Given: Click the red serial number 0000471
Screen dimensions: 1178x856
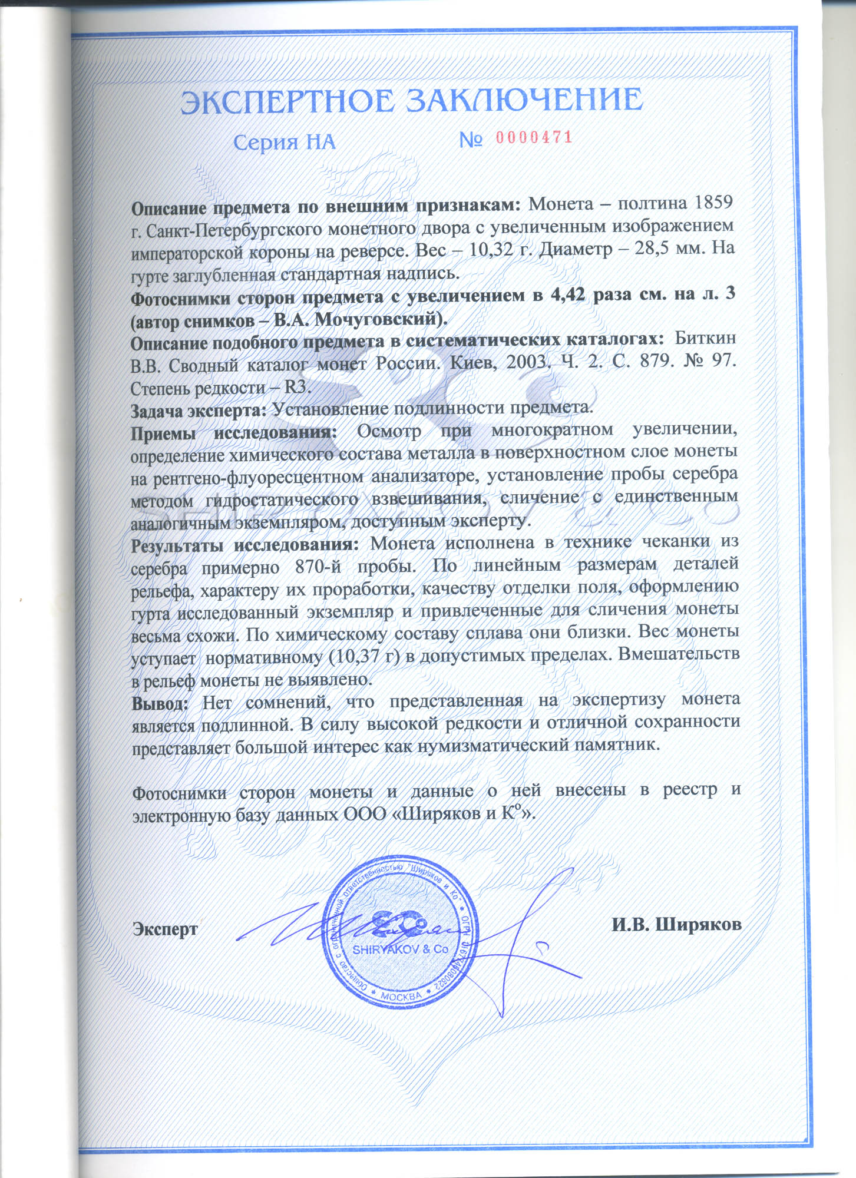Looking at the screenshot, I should point(534,138).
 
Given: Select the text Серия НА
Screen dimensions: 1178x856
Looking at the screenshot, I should point(284,142).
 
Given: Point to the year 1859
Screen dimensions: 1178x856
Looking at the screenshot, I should point(713,203).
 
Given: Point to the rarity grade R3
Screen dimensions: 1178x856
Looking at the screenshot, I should point(297,388).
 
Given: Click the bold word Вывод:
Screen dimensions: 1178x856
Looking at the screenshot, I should point(160,703).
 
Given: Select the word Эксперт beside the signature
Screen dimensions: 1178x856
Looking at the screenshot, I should point(166,929).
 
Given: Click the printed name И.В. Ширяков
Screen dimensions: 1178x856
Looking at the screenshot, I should point(676,924).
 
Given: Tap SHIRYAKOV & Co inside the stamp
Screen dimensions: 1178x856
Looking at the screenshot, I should point(401,949).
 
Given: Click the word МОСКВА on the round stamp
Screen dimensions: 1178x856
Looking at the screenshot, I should point(401,997).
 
